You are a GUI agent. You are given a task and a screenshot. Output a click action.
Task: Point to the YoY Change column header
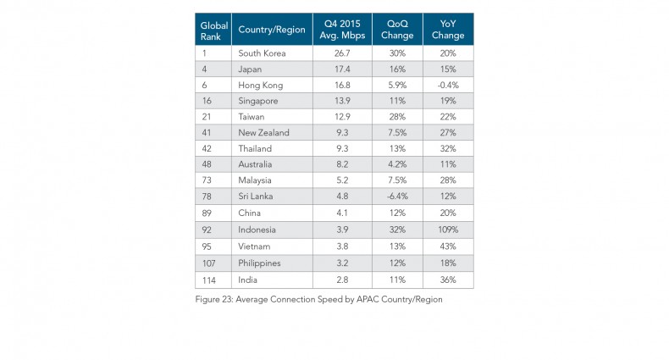click(447, 30)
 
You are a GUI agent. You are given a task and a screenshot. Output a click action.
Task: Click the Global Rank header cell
click(213, 30)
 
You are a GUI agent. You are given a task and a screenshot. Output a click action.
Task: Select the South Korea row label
click(263, 53)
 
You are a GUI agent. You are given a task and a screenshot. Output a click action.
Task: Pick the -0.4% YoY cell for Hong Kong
click(447, 85)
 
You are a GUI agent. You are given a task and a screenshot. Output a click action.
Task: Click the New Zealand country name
click(264, 133)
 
